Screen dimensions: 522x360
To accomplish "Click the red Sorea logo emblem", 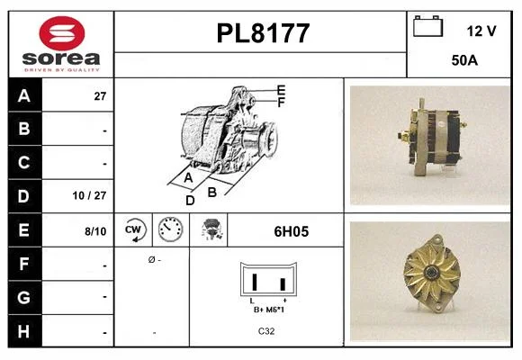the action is (x=62, y=33).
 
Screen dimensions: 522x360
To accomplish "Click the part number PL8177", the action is (x=263, y=33).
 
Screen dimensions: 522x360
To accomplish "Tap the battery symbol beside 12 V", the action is (x=427, y=26).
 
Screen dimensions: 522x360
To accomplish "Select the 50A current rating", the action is (x=464, y=60).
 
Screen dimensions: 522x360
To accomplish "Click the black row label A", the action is (x=24, y=95).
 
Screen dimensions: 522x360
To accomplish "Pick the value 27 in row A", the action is (x=100, y=96).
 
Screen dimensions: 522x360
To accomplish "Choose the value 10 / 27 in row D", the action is (x=90, y=195).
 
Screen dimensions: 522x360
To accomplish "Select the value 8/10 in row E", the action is (x=95, y=231).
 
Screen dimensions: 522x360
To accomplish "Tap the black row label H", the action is (x=24, y=331).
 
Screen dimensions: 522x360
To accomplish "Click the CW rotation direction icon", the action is (x=134, y=229).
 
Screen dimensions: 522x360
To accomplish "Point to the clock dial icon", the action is (x=170, y=229).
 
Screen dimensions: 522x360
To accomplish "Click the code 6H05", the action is (x=292, y=231).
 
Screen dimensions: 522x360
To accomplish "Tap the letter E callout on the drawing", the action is (x=282, y=90).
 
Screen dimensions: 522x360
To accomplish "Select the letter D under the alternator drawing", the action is (x=190, y=201).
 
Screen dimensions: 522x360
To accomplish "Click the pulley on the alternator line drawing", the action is (x=269, y=139).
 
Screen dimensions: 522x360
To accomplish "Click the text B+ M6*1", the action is (x=269, y=310).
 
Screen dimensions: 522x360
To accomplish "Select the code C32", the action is (x=266, y=331).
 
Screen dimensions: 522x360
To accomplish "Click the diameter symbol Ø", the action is (x=152, y=259).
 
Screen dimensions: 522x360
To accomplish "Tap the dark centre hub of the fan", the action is (x=432, y=272).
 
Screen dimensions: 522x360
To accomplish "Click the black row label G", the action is (x=24, y=297).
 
